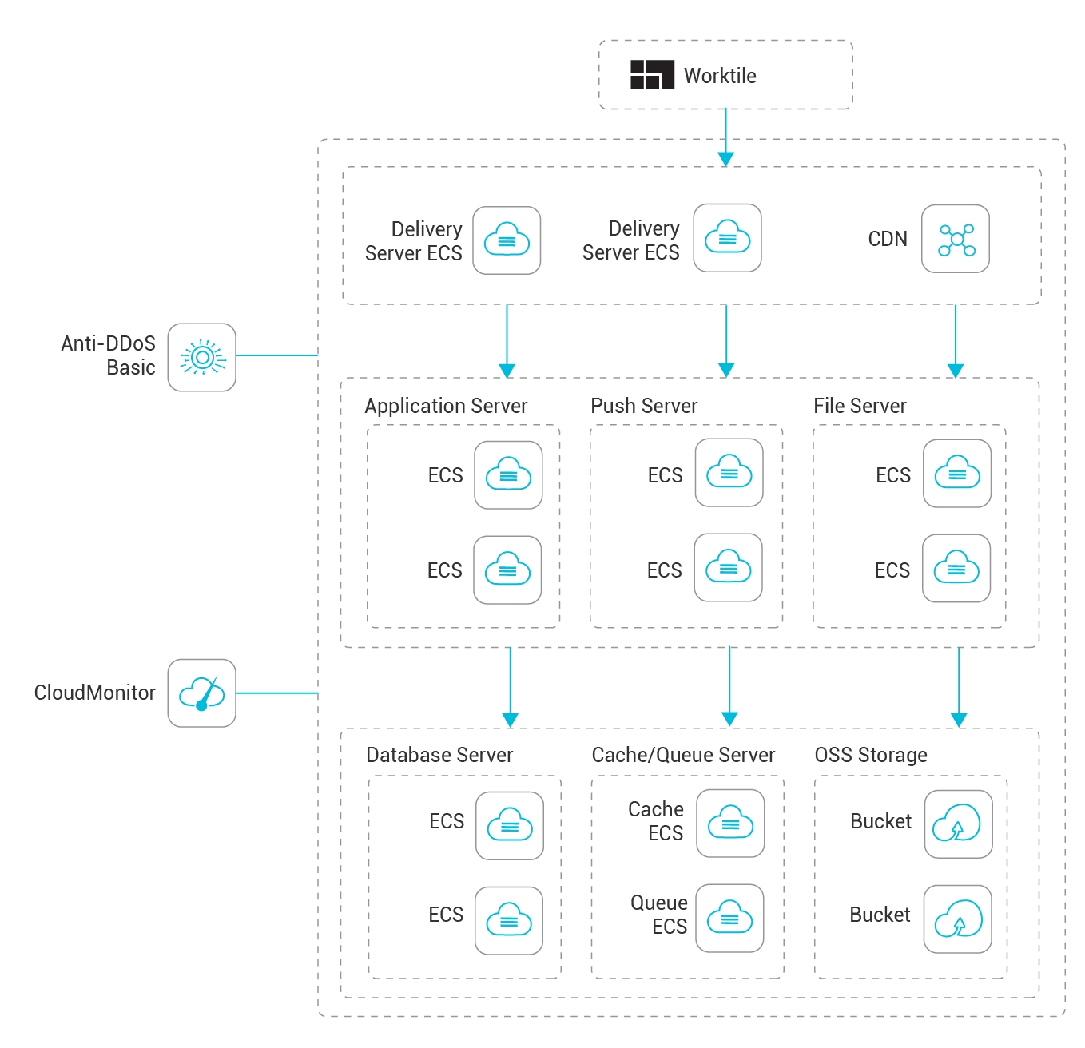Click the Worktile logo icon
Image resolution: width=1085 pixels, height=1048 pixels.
[651, 75]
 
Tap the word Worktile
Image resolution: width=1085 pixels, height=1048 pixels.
[720, 76]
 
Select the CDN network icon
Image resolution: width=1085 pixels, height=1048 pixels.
[955, 239]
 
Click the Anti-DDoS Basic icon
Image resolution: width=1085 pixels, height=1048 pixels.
[202, 357]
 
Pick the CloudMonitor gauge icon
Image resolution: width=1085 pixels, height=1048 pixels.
[202, 693]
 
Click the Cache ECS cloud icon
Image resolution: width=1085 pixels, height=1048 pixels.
[730, 823]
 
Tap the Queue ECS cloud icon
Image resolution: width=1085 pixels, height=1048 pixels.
[729, 918]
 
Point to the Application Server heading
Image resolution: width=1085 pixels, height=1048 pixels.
[446, 407]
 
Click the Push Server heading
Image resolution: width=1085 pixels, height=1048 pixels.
[644, 406]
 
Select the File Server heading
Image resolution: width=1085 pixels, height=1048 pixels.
[860, 406]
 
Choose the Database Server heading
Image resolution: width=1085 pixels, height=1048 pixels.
[439, 755]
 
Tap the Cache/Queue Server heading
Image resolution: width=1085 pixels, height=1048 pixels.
[683, 755]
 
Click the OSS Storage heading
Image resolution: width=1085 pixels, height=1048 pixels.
[871, 755]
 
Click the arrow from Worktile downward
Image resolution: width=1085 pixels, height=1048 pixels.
[725, 137]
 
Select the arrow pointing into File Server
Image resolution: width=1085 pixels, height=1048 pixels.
[956, 341]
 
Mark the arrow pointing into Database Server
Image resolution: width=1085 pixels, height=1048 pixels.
[511, 687]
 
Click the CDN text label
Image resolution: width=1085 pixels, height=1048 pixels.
[888, 239]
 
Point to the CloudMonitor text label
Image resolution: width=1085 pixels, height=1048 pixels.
[95, 693]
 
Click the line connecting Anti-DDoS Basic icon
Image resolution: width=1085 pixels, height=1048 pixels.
[277, 355]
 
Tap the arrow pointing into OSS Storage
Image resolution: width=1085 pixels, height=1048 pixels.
[959, 687]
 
